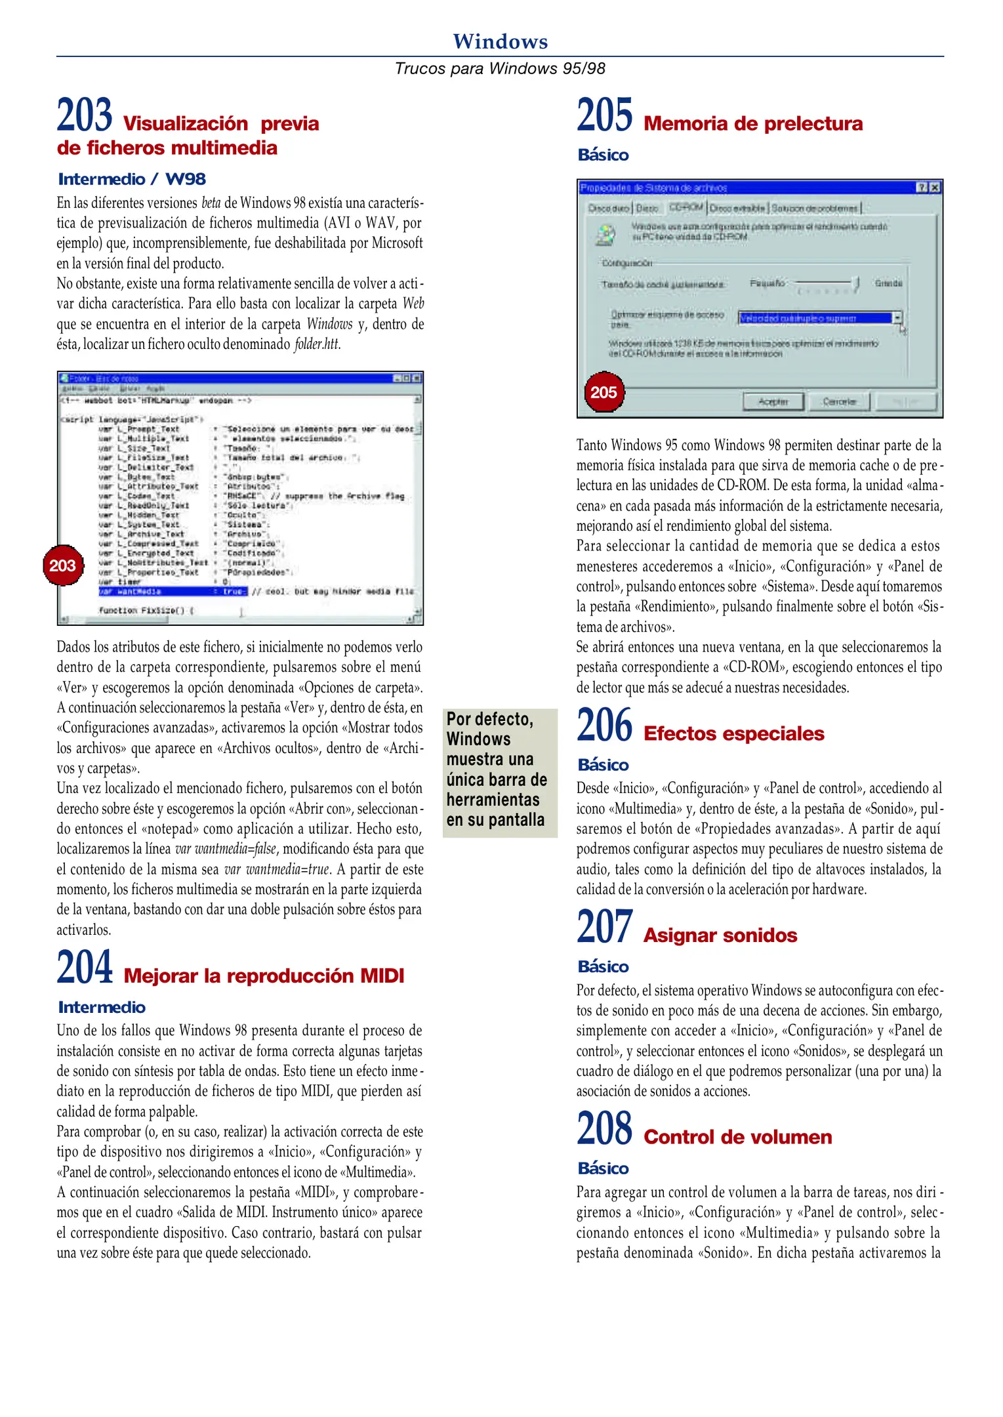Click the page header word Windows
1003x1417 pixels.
[500, 41]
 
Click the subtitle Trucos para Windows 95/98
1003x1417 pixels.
[500, 68]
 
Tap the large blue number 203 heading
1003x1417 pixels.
[84, 115]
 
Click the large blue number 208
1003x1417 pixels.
[604, 1128]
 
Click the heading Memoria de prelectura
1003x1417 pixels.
[752, 123]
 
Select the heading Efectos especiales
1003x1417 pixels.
[733, 733]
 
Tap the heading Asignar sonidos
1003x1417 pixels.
[720, 935]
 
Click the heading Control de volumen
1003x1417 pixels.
[737, 1137]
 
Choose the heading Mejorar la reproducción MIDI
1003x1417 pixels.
[264, 975]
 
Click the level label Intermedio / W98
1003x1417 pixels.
[132, 179]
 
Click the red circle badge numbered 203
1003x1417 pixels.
[63, 565]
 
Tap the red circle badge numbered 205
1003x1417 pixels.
[604, 392]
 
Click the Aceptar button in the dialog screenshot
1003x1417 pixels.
[773, 401]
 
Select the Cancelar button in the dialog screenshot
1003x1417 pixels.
[839, 401]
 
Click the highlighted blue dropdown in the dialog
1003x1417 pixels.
[819, 318]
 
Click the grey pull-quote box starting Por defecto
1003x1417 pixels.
[499, 772]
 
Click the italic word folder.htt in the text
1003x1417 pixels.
[317, 344]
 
